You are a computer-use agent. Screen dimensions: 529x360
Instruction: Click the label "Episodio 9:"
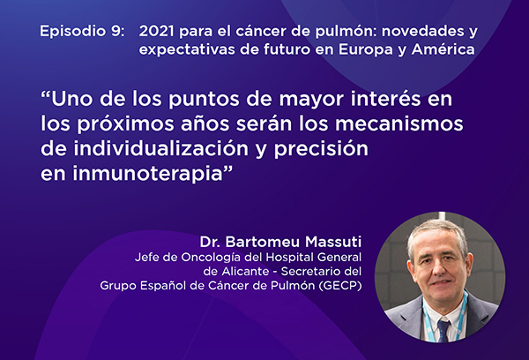pos(82,31)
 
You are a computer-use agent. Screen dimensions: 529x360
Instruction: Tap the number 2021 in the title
pos(156,31)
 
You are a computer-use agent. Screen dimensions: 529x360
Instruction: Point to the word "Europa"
pos(367,50)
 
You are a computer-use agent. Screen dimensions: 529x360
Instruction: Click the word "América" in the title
pos(443,49)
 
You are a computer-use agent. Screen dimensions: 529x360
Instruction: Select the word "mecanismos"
pos(399,124)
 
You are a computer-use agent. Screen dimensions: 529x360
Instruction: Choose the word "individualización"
pos(161,148)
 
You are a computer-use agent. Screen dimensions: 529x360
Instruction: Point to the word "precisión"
pos(321,149)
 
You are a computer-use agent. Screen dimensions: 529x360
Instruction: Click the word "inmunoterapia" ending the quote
pos(148,174)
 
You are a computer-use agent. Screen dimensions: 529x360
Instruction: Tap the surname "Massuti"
pos(333,242)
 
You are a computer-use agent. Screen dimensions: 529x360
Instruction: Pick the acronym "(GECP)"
pos(339,286)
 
